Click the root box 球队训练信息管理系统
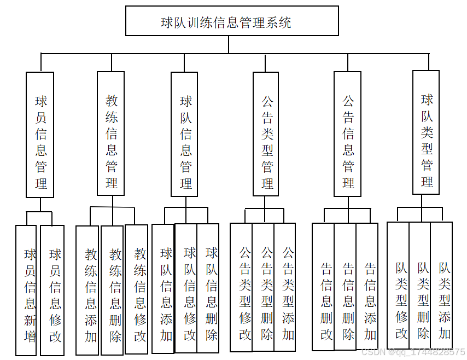(232, 21)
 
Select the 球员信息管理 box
(40, 135)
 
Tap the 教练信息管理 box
(111, 134)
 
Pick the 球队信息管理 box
(185, 134)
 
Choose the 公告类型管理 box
(266, 134)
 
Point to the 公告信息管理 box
(348, 134)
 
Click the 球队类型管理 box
(426, 133)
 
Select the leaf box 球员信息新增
(26, 290)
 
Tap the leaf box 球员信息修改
(54, 290)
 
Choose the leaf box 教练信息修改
(137, 290)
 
